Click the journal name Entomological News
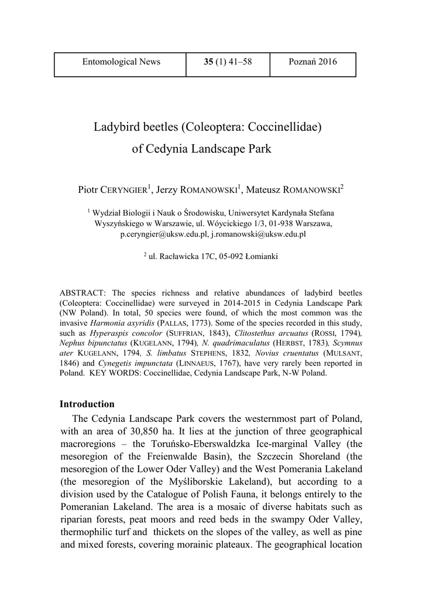click(121, 62)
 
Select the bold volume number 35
click(208, 62)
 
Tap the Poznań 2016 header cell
click(313, 62)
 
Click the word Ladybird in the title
click(115, 127)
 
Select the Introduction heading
click(87, 404)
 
